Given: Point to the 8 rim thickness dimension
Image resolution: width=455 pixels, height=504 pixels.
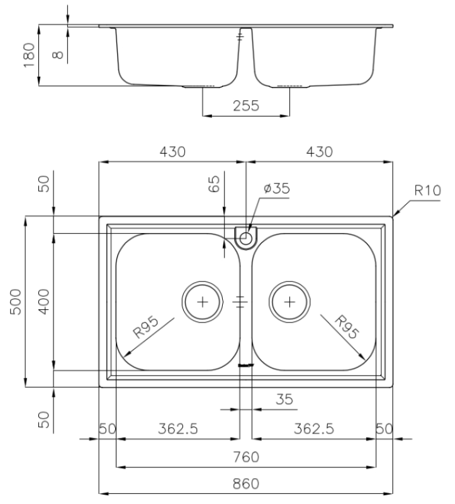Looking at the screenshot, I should pos(58,54).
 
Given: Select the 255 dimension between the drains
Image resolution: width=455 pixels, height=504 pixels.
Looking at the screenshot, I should pos(245,106).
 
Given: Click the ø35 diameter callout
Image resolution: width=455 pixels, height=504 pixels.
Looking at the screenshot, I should pos(277,188).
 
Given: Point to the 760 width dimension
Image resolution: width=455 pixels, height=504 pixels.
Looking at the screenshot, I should pos(245,456).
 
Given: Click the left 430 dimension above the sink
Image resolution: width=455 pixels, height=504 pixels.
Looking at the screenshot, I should pos(171,152).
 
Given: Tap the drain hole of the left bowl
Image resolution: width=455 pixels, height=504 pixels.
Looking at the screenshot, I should pos(202,301).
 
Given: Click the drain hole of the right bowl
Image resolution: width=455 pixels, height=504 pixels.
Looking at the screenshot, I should pos(289,301).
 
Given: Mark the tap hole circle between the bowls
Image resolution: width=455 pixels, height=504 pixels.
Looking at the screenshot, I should pos(245,238).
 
